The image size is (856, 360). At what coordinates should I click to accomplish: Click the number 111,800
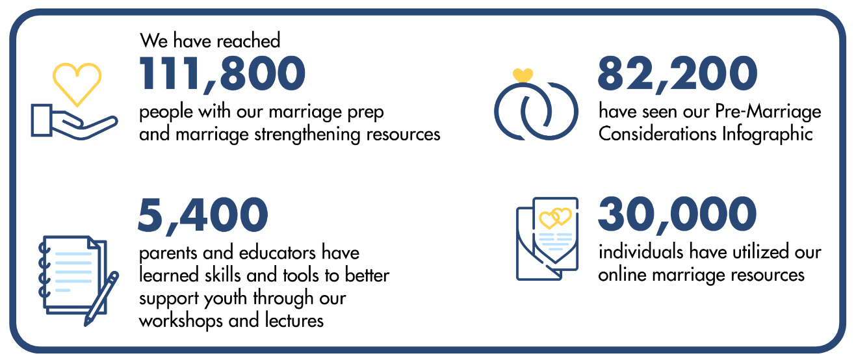[222, 73]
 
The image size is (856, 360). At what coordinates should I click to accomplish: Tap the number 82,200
[677, 73]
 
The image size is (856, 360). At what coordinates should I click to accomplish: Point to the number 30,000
[677, 215]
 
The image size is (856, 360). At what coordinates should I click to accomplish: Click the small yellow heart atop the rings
[523, 75]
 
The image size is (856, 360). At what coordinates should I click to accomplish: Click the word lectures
[294, 320]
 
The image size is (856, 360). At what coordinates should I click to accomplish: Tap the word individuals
[640, 252]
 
